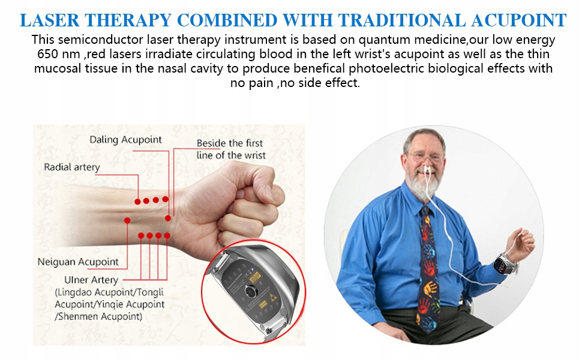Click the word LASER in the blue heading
click(49, 20)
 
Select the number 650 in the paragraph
click(47, 54)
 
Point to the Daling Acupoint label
click(125, 140)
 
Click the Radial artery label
click(72, 167)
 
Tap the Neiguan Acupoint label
click(78, 262)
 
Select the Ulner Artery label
click(91, 280)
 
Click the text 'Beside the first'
click(230, 143)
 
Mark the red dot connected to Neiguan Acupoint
click(127, 220)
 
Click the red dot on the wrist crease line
click(168, 218)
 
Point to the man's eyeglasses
click(426, 157)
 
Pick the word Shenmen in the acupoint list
click(78, 316)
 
